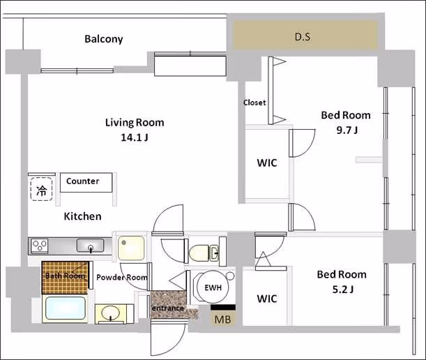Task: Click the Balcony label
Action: tap(103, 39)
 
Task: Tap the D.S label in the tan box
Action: tap(303, 37)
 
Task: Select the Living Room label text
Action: tap(135, 123)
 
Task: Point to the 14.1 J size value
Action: tap(135, 137)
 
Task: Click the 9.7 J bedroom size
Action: tap(347, 130)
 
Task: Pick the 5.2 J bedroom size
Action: tap(343, 290)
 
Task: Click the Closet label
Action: tap(254, 103)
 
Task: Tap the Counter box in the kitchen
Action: tap(86, 183)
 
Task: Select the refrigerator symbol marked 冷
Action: tap(42, 189)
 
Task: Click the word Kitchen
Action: tap(82, 216)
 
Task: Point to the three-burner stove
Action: tap(40, 246)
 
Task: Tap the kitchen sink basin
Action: tap(90, 246)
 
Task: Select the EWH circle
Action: tap(213, 287)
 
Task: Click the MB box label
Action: tap(223, 320)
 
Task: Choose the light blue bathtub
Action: tap(66, 308)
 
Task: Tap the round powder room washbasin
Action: tap(110, 313)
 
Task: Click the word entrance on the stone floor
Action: tap(167, 308)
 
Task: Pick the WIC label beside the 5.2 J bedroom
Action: tap(267, 299)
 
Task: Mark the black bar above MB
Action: tap(223, 307)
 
